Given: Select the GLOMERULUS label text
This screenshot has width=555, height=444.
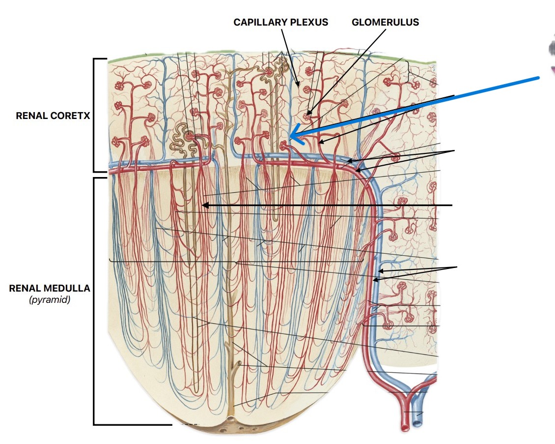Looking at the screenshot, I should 385,22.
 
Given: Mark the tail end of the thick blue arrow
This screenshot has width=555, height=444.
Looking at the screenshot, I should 538,78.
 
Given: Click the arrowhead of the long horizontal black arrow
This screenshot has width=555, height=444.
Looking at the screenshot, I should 204,206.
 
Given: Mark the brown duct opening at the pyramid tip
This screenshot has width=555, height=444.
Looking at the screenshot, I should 230,419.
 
